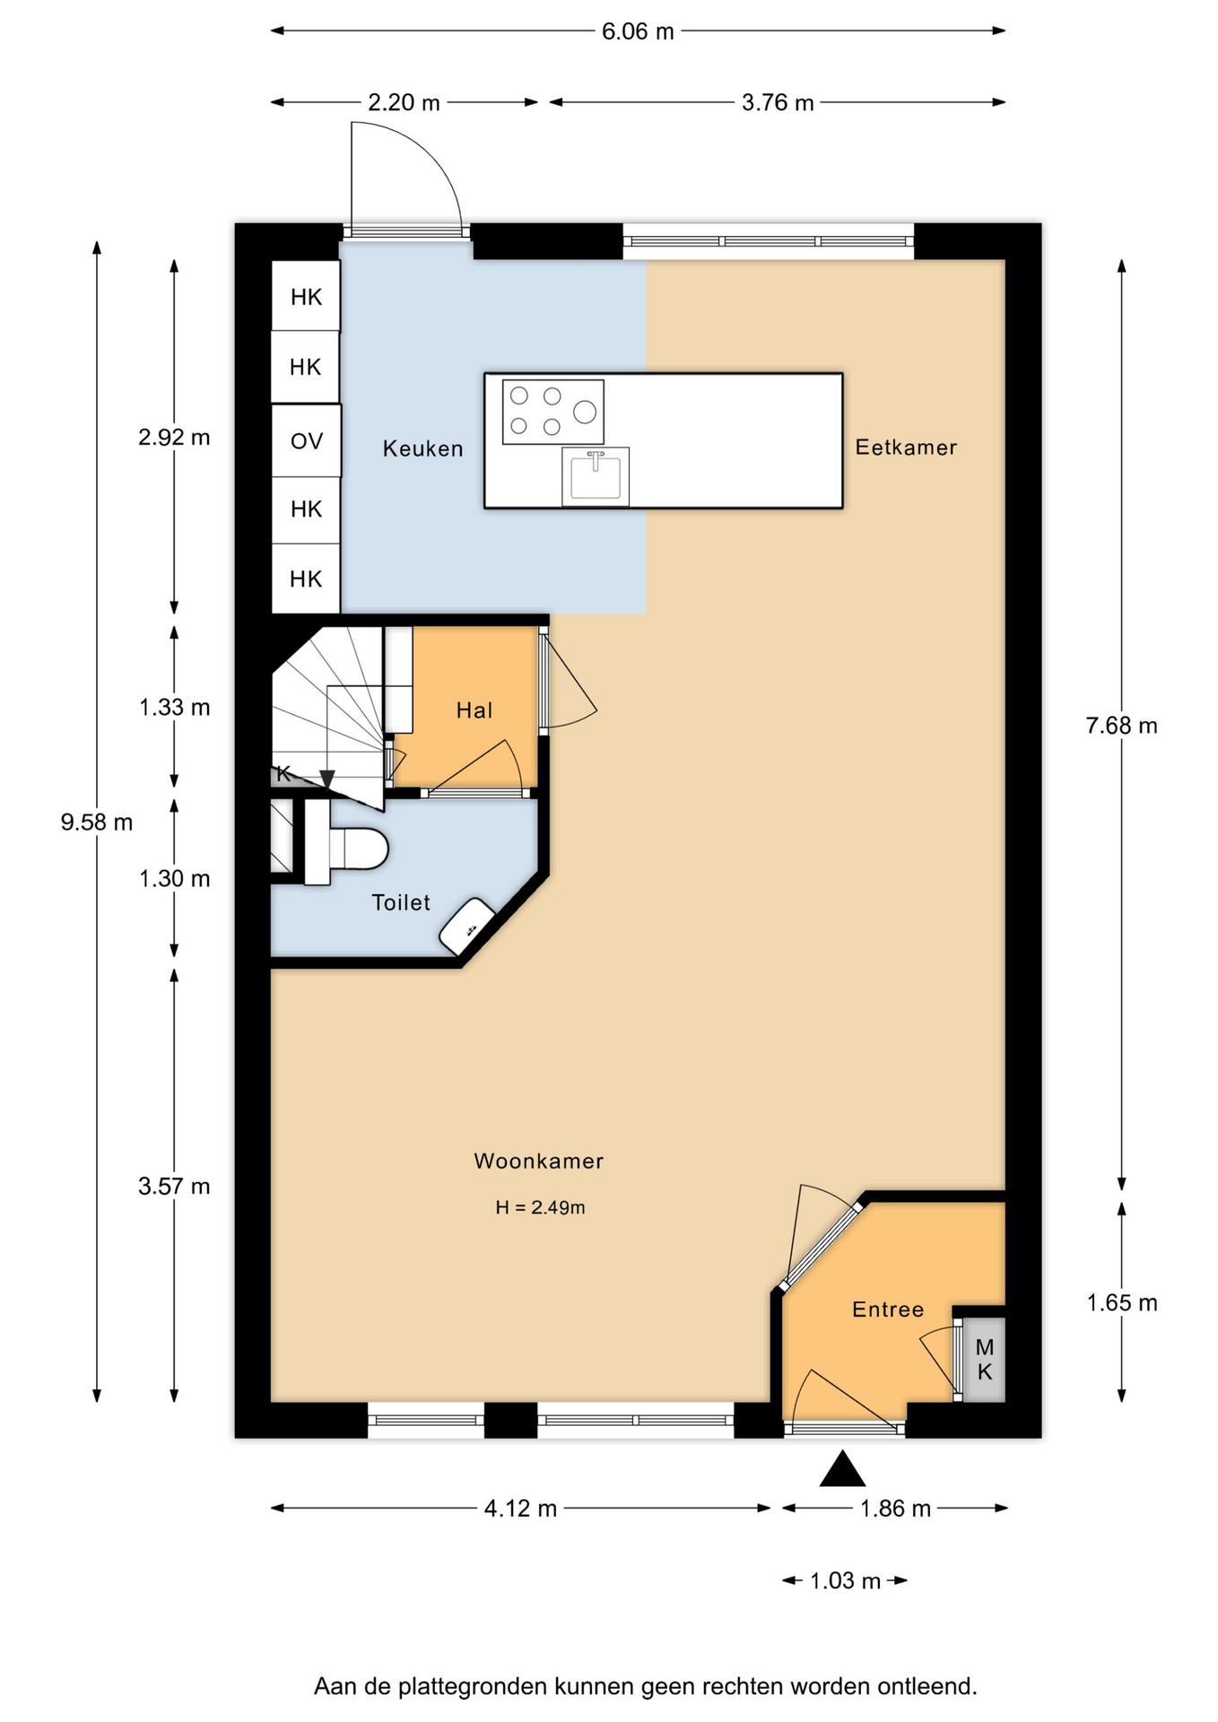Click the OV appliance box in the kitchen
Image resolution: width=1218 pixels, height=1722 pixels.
tap(306, 440)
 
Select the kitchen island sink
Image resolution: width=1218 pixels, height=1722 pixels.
tap(596, 476)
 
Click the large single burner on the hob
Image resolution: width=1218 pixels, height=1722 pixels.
tap(585, 412)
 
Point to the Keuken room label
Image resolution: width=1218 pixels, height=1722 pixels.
tap(422, 448)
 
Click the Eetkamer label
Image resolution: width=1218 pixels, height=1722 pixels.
tap(906, 447)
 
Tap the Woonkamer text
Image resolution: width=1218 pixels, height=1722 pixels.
tap(539, 1161)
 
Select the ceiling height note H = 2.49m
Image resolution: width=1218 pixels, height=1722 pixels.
tap(540, 1207)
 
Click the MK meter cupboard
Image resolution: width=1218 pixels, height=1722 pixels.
tap(984, 1359)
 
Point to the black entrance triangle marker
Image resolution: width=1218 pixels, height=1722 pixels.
tap(842, 1469)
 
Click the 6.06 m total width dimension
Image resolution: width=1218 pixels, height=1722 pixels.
tap(638, 31)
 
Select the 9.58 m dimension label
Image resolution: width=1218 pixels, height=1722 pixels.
tap(97, 822)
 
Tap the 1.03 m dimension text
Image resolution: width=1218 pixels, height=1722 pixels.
tap(845, 1580)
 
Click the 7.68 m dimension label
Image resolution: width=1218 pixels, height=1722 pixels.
tap(1121, 726)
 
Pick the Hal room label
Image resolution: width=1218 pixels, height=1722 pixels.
tap(474, 710)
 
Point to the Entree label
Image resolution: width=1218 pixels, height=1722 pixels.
tap(888, 1309)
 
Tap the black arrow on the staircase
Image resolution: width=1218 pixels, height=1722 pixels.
tap(327, 779)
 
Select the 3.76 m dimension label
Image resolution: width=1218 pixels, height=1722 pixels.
tap(778, 103)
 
